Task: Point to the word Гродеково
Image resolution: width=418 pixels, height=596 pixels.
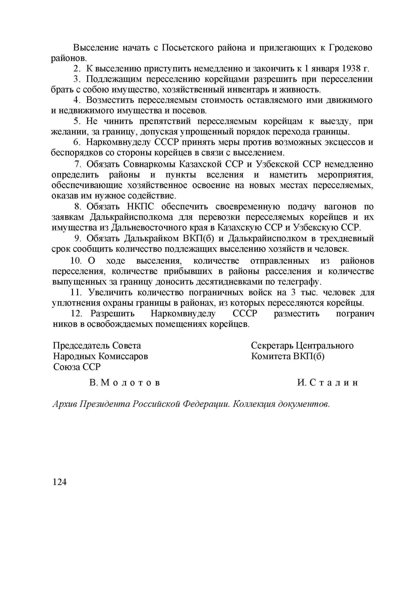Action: pyautogui.click(x=351, y=47)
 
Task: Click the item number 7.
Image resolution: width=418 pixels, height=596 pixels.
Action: pyautogui.click(x=77, y=164)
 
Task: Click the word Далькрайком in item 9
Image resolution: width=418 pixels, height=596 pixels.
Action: pyautogui.click(x=148, y=238)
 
